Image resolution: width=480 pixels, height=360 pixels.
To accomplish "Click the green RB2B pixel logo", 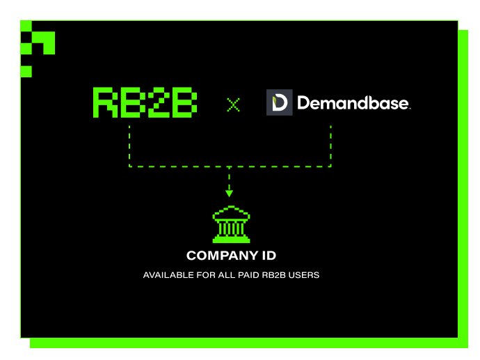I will pyautogui.click(x=145, y=102).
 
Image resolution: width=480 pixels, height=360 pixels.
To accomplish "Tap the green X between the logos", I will pyautogui.click(x=233, y=104).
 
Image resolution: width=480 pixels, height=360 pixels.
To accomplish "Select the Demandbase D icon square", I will pyautogui.click(x=280, y=102).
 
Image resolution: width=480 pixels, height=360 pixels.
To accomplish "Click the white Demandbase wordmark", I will pyautogui.click(x=353, y=103).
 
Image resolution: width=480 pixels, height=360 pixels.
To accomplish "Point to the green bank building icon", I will pyautogui.click(x=230, y=224).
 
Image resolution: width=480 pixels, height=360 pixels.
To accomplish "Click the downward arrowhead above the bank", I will pyautogui.click(x=230, y=193).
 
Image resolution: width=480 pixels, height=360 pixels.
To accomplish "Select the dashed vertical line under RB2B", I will pyautogui.click(x=129, y=146).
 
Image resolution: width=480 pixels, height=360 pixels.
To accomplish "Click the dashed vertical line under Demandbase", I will pyautogui.click(x=330, y=146).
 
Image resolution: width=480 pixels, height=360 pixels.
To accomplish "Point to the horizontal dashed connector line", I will pyautogui.click(x=230, y=166).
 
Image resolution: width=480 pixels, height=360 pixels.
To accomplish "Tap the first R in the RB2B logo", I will pyautogui.click(x=105, y=102).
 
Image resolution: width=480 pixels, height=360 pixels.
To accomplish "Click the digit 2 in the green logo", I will pyautogui.click(x=158, y=102).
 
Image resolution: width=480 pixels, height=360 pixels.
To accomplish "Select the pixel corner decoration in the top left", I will pyautogui.click(x=36, y=43).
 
